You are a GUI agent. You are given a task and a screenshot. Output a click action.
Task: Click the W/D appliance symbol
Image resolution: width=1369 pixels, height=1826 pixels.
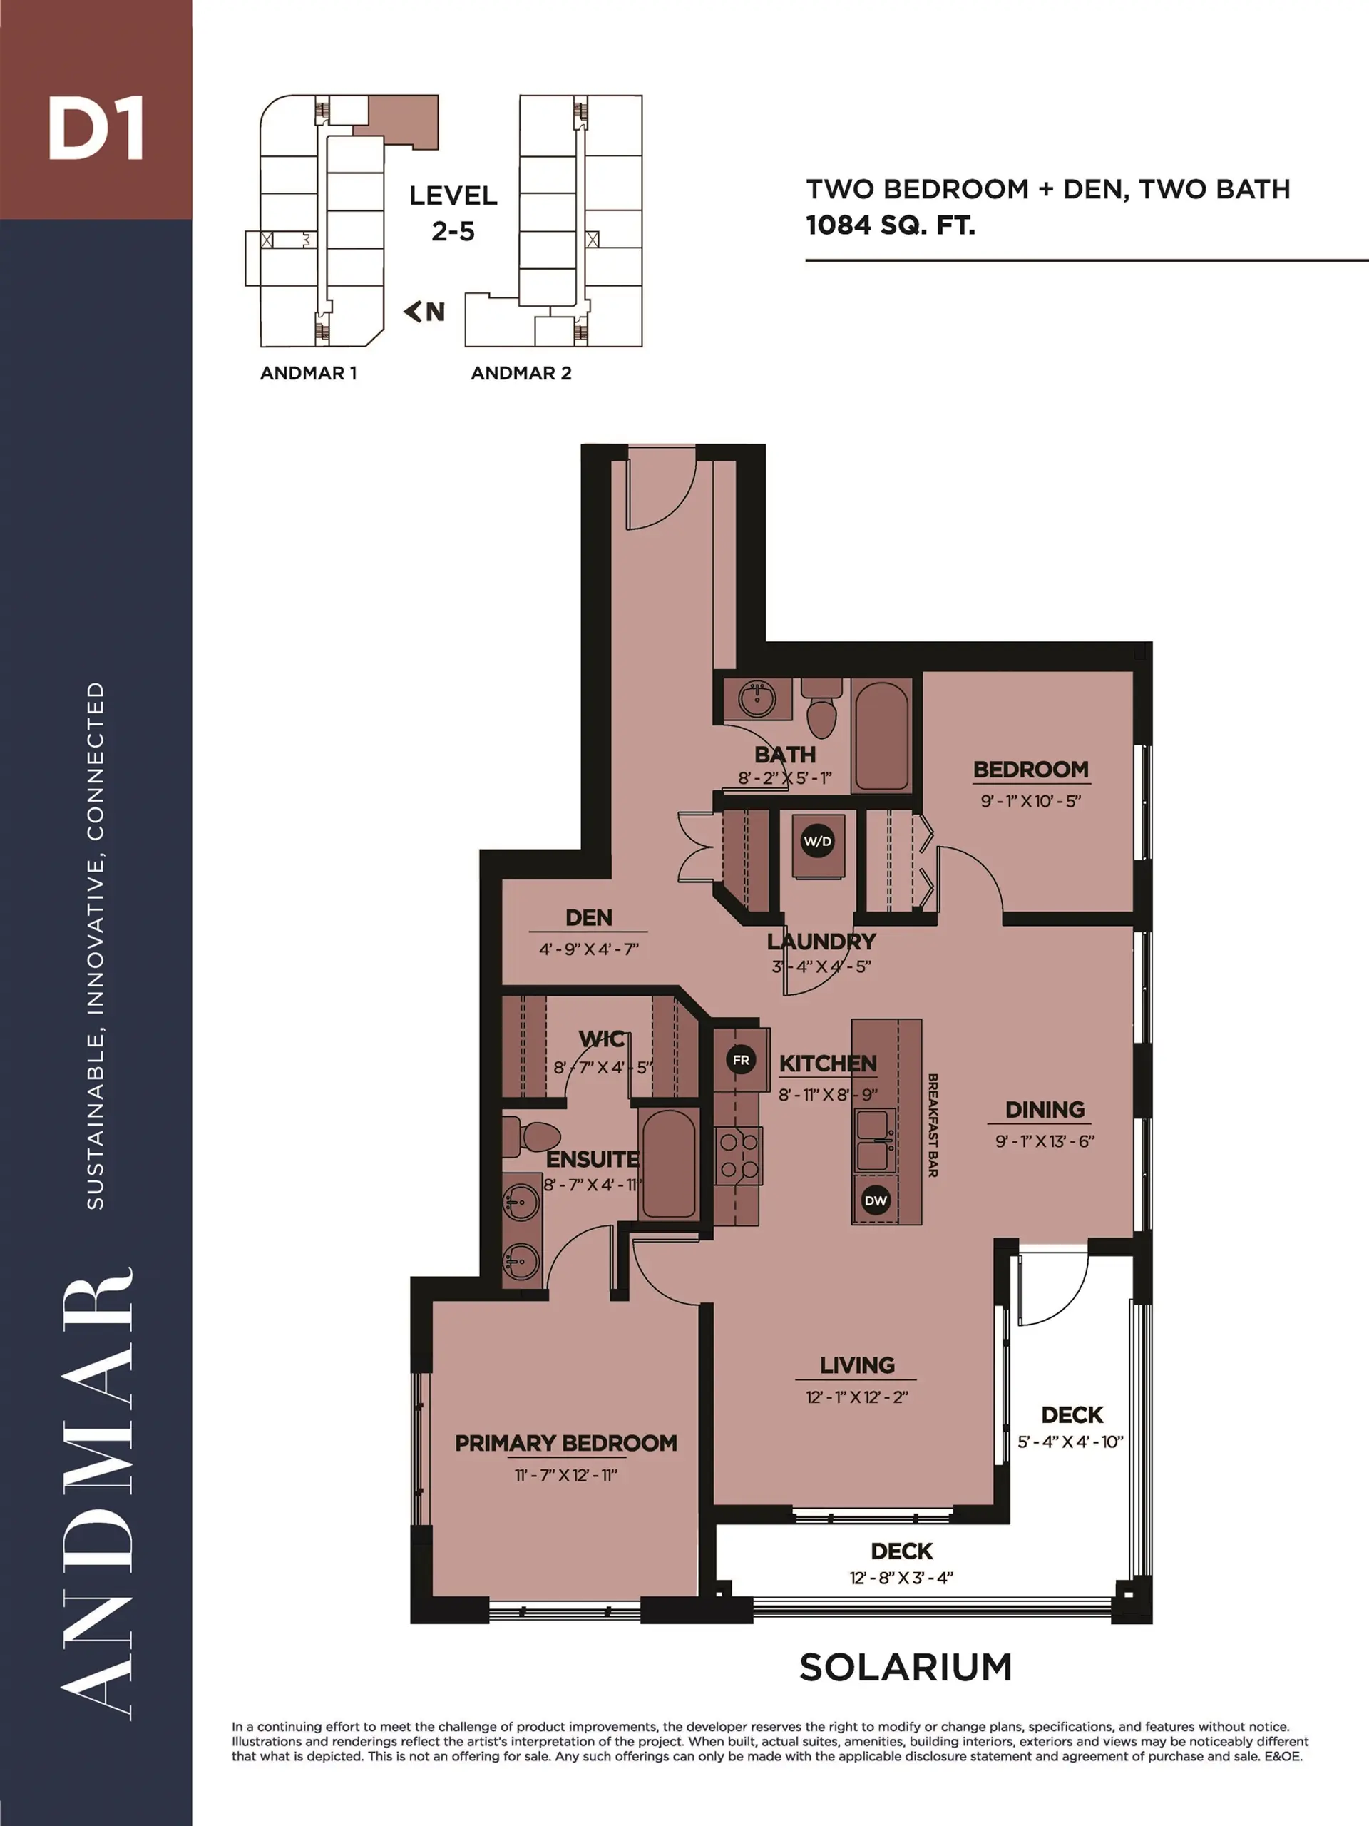coord(817,841)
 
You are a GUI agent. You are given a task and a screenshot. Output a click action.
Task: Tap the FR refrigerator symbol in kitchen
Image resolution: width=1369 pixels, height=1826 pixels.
coord(740,1060)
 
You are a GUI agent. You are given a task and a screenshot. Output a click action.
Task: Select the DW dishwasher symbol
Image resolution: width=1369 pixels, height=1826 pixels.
coord(875,1200)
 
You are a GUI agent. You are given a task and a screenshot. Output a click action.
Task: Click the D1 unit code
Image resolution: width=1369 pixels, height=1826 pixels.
coord(96,129)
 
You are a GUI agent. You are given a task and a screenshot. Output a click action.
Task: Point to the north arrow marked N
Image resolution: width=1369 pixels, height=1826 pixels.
coord(425,311)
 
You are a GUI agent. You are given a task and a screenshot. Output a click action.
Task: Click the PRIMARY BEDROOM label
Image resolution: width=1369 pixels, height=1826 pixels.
coord(565,1444)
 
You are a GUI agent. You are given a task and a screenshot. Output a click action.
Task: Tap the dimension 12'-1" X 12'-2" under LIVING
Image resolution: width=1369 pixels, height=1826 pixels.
coord(856,1397)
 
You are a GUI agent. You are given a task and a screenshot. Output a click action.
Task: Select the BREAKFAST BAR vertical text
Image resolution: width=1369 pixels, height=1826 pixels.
coord(933,1125)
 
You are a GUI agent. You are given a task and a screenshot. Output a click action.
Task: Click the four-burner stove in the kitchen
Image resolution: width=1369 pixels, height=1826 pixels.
coord(739,1156)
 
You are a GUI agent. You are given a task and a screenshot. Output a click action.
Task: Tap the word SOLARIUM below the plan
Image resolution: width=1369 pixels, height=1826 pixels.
coord(906,1668)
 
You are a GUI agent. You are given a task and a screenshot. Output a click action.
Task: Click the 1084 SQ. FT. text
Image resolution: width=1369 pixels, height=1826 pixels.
coord(891,225)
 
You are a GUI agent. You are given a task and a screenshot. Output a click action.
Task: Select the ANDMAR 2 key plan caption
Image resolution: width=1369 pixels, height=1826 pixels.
coord(521,373)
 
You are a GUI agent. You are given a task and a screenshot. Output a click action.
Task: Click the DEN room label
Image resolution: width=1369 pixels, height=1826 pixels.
coord(588,918)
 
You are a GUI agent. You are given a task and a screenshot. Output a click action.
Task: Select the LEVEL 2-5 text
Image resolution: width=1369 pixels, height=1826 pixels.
coord(453,213)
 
